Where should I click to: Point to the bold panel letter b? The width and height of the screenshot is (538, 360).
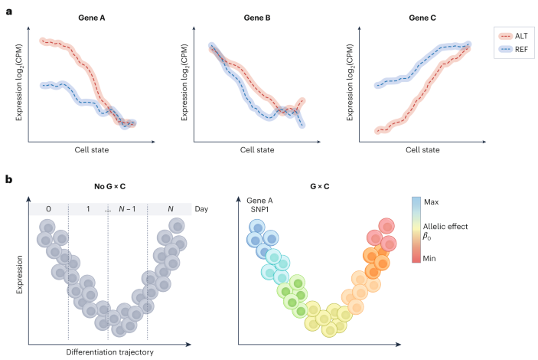coord(8,179)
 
